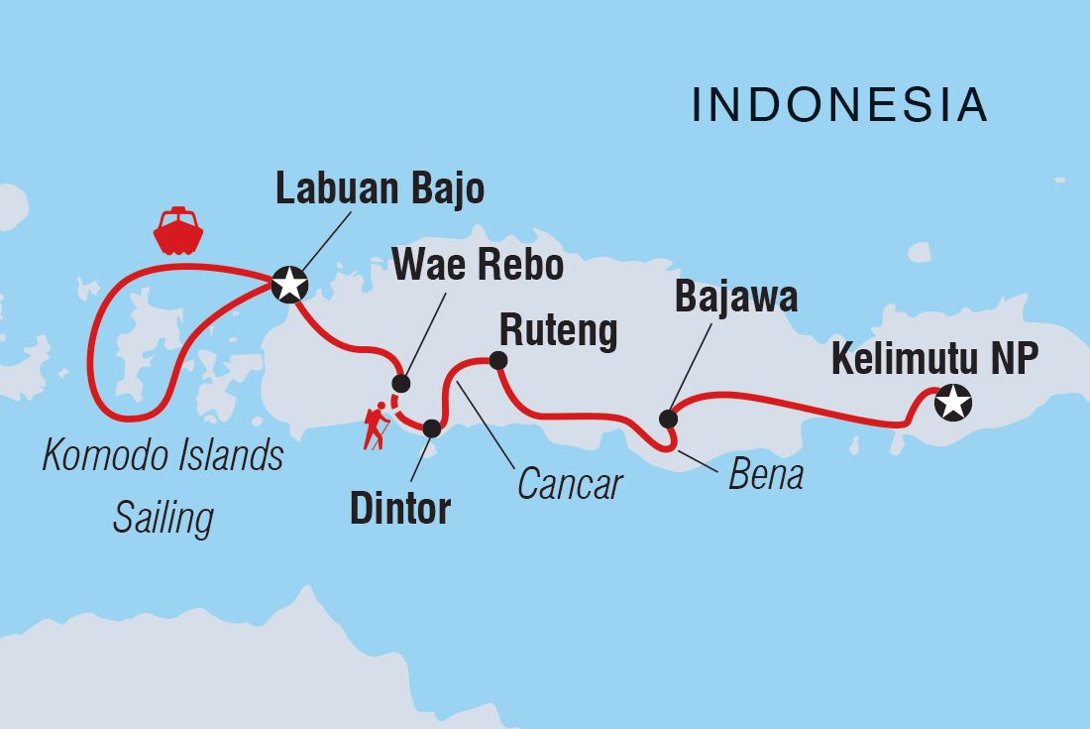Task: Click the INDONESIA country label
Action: click(839, 105)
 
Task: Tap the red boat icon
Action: click(178, 231)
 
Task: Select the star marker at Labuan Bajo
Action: click(289, 286)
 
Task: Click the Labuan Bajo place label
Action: click(380, 188)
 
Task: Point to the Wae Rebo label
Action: click(478, 266)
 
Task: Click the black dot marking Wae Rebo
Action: click(400, 384)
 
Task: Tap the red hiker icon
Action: click(376, 426)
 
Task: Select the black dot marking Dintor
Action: click(431, 428)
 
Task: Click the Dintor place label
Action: click(400, 508)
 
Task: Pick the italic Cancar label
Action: click(570, 484)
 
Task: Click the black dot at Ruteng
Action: click(498, 360)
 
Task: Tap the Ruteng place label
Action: click(558, 331)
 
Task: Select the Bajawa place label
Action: click(735, 296)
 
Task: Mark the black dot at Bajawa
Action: click(668, 419)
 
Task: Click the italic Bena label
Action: click(765, 475)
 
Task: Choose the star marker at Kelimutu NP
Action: click(952, 403)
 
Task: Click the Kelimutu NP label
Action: click(934, 359)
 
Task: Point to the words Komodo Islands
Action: click(163, 456)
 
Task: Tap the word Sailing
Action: click(163, 517)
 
